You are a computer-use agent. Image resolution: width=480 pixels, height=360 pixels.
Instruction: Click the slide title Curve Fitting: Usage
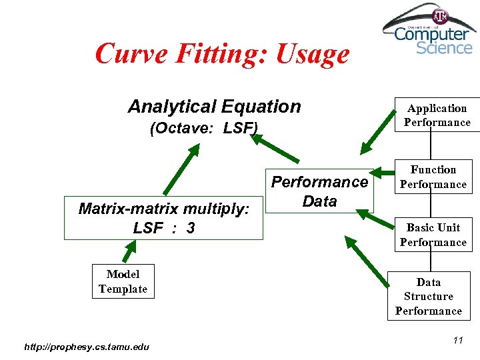(x=222, y=54)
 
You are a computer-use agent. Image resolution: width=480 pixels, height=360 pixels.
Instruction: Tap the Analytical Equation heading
(x=214, y=107)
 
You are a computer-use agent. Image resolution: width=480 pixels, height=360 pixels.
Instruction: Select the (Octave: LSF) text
(x=204, y=128)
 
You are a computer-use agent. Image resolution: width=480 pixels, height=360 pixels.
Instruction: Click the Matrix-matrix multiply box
(x=163, y=218)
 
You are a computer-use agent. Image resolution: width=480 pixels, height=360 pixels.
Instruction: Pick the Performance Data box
(x=319, y=191)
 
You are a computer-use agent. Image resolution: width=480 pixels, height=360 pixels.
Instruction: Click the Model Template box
(x=123, y=281)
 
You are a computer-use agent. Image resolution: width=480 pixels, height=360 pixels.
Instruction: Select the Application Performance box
(x=437, y=115)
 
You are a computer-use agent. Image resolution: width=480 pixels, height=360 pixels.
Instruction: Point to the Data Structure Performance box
(x=428, y=297)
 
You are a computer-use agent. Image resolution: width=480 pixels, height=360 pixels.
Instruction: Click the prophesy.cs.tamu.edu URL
(x=87, y=346)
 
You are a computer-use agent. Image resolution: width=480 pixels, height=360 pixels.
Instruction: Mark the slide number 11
(x=457, y=341)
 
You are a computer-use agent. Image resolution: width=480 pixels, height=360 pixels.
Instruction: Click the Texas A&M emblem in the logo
(x=441, y=16)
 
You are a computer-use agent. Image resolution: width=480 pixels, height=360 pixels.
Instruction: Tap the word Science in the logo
(x=444, y=47)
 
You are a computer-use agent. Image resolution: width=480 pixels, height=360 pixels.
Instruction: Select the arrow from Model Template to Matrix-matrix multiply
(x=128, y=252)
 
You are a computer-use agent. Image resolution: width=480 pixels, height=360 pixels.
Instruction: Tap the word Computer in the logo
(x=431, y=33)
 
